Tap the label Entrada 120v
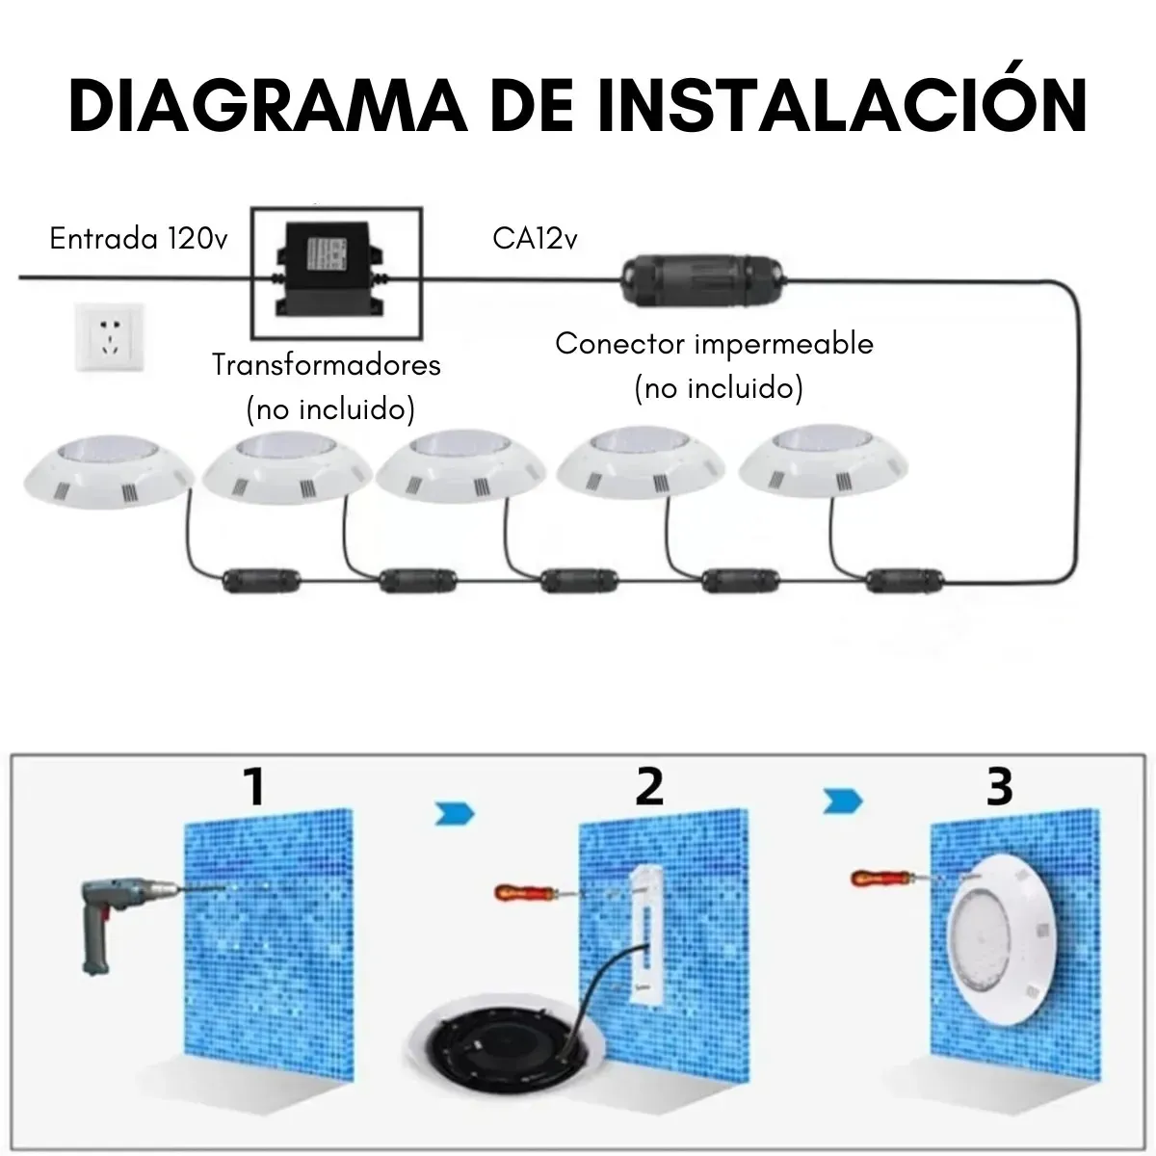(x=139, y=238)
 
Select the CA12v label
(x=535, y=238)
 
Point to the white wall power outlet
(x=110, y=336)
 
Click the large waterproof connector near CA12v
(x=702, y=280)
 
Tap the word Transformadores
(x=327, y=365)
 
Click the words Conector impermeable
(x=714, y=344)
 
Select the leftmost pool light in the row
(x=109, y=471)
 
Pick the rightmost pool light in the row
(x=823, y=460)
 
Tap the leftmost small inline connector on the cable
(x=261, y=581)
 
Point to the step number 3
(x=999, y=786)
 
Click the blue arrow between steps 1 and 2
(x=454, y=814)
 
